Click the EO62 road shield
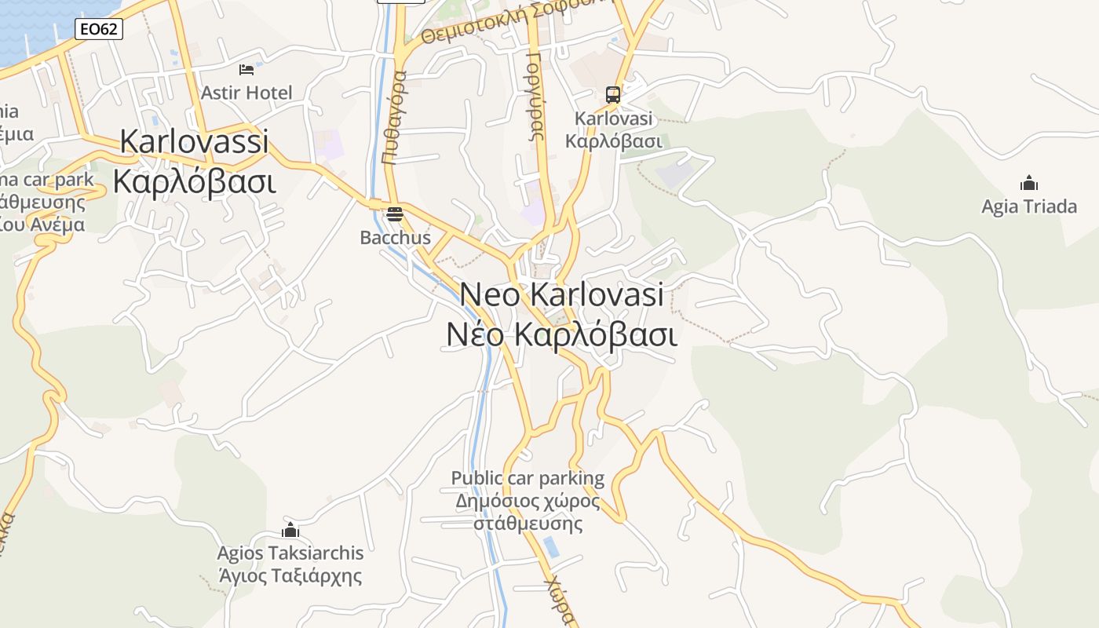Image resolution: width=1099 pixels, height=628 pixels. click(99, 30)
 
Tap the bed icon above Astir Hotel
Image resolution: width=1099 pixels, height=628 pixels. click(246, 70)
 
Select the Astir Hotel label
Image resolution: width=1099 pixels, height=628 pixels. click(246, 93)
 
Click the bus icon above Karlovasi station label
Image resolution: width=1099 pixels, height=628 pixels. click(613, 95)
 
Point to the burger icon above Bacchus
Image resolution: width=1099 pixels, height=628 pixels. click(395, 214)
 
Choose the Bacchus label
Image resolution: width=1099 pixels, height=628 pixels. click(395, 237)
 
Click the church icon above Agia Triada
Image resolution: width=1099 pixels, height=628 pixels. click(1029, 184)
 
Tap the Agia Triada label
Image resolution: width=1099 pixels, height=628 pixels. click(1029, 206)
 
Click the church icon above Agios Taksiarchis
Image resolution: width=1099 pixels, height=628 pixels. click(290, 530)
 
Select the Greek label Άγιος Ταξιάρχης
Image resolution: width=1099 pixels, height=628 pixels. click(290, 575)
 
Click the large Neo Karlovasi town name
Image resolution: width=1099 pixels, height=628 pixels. click(561, 295)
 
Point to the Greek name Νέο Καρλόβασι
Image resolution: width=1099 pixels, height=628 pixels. click(561, 334)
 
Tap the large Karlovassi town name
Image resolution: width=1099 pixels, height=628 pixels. click(194, 142)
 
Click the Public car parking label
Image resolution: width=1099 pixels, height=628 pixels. click(528, 478)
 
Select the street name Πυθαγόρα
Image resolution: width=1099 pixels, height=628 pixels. click(394, 117)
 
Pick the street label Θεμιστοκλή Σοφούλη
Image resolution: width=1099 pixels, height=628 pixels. click(514, 21)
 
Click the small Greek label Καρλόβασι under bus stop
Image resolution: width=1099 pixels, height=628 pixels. click(614, 141)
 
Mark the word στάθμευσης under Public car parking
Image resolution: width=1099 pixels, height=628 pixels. click(528, 523)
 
